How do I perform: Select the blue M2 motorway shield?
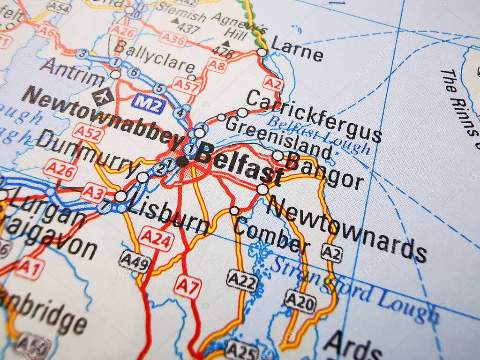tap(149, 104)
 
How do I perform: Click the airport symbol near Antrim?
tap(103, 97)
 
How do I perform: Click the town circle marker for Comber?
tap(234, 211)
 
